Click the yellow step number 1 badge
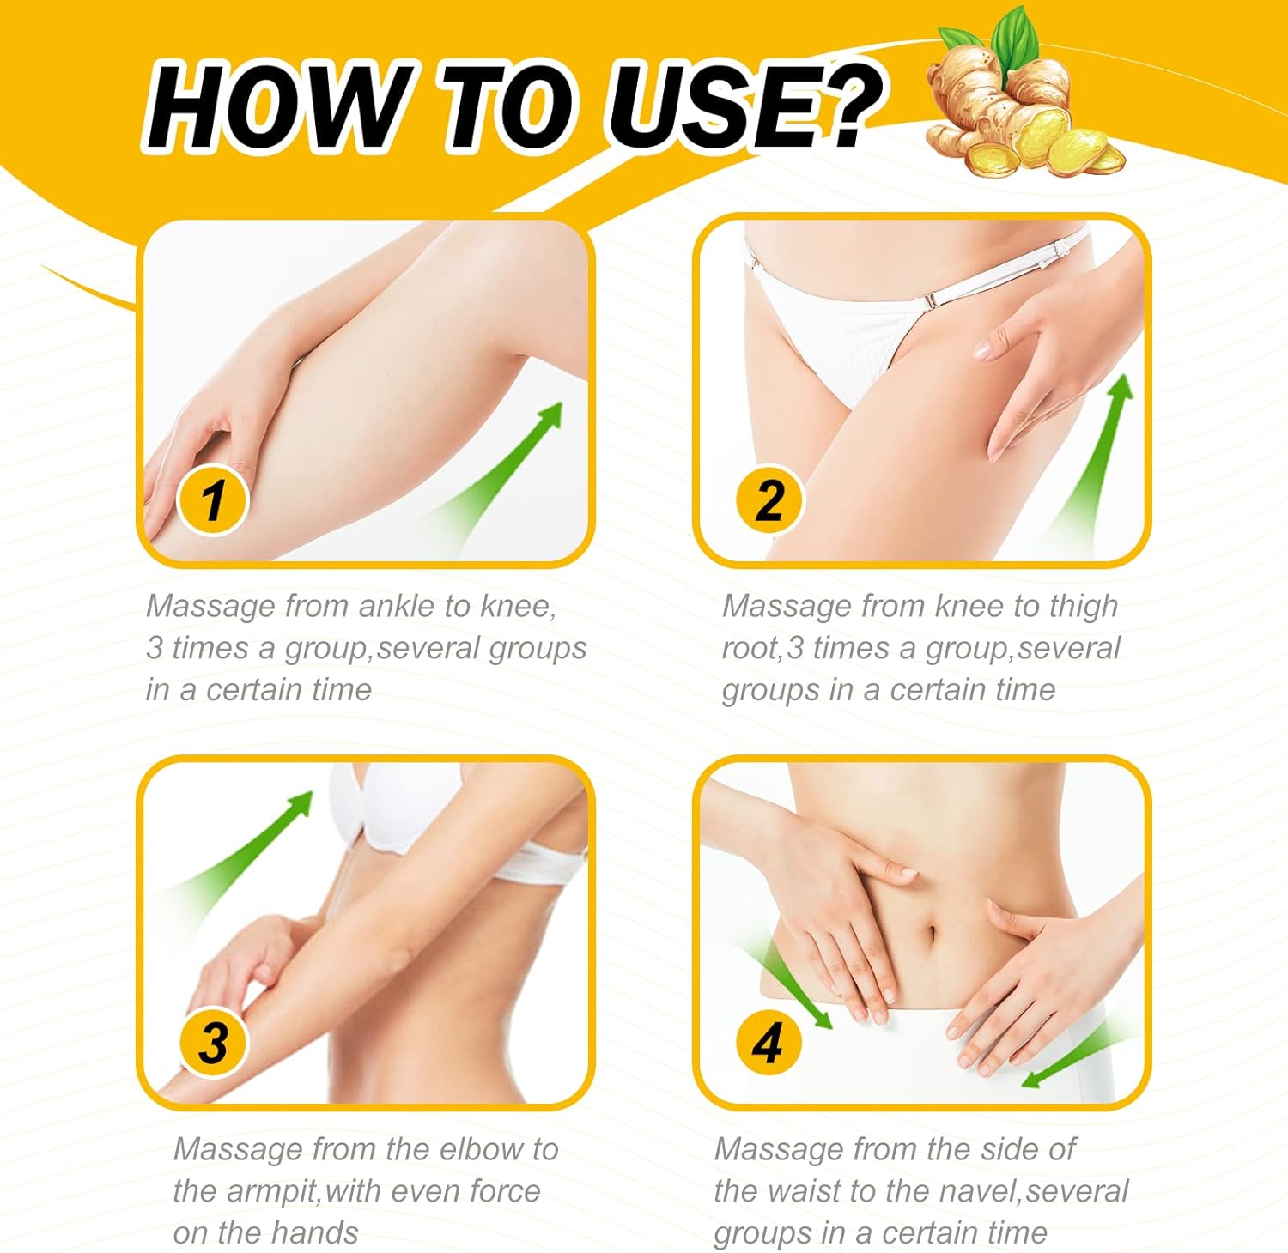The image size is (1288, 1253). tap(212, 499)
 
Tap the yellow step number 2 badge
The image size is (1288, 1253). tap(769, 499)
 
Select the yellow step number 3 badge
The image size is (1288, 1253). tap(212, 1043)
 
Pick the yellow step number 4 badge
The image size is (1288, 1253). tap(767, 1043)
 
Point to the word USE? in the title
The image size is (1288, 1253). tap(743, 107)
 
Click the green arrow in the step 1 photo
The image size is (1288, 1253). tap(507, 463)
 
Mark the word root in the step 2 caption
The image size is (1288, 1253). tap(750, 648)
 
